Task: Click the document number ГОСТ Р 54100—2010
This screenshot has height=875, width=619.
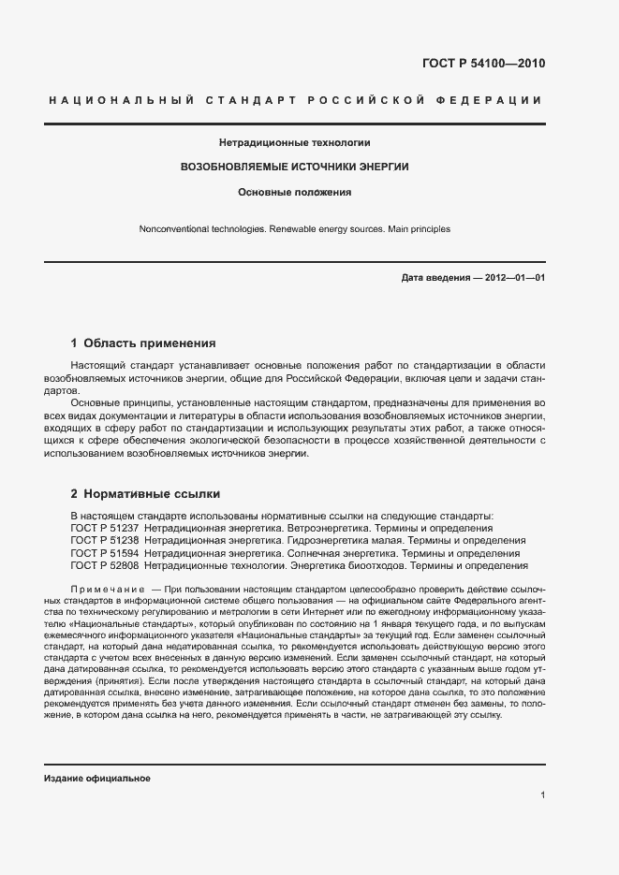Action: [x=483, y=65]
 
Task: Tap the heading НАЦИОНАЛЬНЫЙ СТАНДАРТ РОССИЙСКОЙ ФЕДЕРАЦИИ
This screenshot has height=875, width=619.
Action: [x=294, y=100]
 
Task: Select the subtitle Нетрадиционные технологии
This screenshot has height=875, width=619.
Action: [x=294, y=143]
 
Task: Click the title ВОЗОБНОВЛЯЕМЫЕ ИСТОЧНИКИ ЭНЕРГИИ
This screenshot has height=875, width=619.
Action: [x=294, y=167]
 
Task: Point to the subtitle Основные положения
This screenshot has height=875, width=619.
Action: [x=294, y=192]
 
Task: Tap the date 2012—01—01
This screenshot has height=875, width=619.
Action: [x=512, y=279]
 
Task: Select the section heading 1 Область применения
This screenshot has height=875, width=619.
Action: [x=143, y=343]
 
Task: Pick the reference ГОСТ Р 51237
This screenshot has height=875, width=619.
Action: [x=105, y=529]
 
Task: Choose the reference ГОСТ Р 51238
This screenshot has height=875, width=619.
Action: [x=105, y=541]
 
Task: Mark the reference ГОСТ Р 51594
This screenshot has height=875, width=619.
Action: [x=105, y=553]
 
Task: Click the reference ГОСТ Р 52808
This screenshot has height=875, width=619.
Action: [x=105, y=565]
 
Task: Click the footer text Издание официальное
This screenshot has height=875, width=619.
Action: [x=97, y=779]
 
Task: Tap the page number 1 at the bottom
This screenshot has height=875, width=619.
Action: [x=543, y=795]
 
